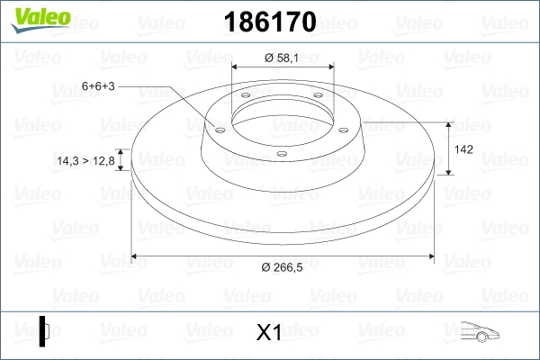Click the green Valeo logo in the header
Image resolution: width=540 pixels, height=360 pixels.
(x=40, y=20)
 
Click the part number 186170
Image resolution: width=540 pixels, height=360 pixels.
(x=270, y=22)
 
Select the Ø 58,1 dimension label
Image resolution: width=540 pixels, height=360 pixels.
(x=282, y=58)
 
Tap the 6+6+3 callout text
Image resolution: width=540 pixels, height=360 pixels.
(x=98, y=86)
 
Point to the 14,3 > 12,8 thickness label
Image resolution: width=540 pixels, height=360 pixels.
(x=85, y=161)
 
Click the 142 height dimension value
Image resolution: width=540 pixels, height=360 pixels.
(x=463, y=149)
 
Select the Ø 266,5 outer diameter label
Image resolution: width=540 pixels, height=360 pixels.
(x=282, y=267)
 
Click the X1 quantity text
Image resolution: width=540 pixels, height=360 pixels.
(x=269, y=332)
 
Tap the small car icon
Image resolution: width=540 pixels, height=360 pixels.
(x=480, y=332)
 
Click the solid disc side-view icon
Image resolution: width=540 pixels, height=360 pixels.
(x=44, y=331)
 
